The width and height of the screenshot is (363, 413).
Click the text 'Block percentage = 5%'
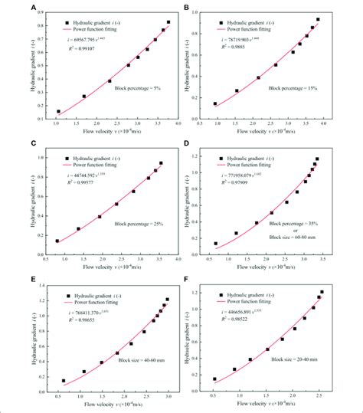coord(138,88)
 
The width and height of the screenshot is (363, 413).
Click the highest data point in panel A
coord(168,22)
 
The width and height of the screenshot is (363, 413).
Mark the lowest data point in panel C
coord(57,241)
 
